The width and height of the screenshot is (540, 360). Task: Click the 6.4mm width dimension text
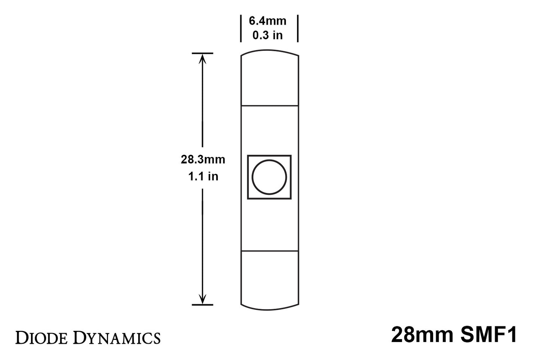pyautogui.click(x=268, y=21)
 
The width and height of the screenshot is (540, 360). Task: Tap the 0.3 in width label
pyautogui.click(x=268, y=36)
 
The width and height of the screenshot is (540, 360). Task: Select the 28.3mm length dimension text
pyautogui.click(x=203, y=160)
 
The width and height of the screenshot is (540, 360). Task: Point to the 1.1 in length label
pyautogui.click(x=203, y=176)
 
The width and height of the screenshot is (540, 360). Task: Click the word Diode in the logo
pyautogui.click(x=41, y=338)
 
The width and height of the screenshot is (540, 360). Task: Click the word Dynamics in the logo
pyautogui.click(x=117, y=338)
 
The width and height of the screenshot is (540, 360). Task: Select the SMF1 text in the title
pyautogui.click(x=488, y=335)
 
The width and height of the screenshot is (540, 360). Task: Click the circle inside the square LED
pyautogui.click(x=269, y=177)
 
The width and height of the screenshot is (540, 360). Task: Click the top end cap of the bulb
pyautogui.click(x=269, y=80)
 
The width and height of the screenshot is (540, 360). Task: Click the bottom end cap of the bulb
pyautogui.click(x=269, y=279)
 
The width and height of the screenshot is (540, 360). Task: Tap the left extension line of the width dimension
pyautogui.click(x=241, y=28)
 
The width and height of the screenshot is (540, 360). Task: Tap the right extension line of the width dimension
pyautogui.click(x=298, y=28)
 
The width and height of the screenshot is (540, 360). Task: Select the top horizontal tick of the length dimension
pyautogui.click(x=203, y=53)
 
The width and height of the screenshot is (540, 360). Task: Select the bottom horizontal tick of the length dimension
pyautogui.click(x=203, y=305)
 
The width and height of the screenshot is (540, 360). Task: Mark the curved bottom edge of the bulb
pyautogui.click(x=269, y=310)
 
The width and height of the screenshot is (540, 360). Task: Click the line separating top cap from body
pyautogui.click(x=269, y=106)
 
